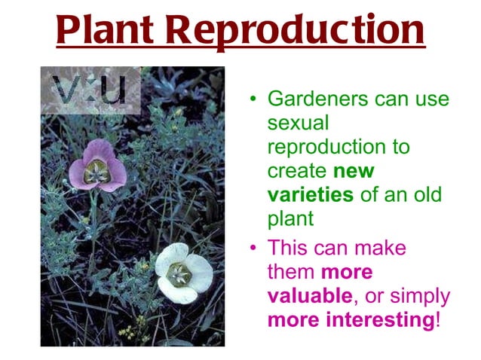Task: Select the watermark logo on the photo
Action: point(90,91)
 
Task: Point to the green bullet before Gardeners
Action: point(254,99)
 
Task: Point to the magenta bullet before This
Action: point(254,248)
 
